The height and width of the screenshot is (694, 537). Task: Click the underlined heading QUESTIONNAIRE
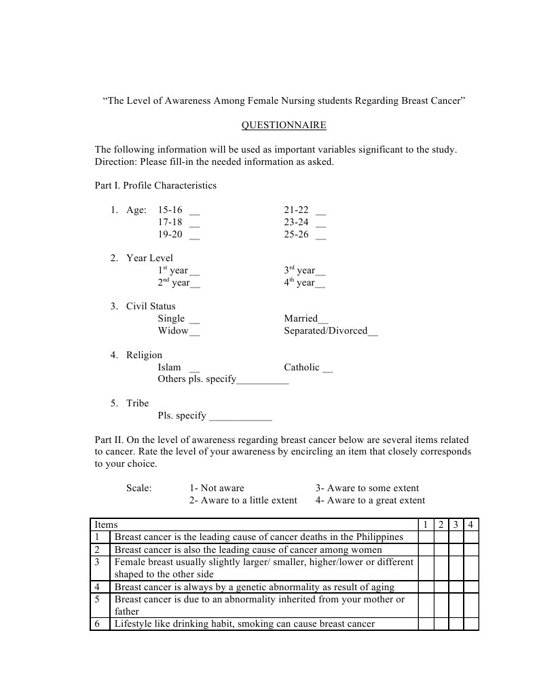click(x=284, y=126)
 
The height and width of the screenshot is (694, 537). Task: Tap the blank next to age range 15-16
click(x=195, y=210)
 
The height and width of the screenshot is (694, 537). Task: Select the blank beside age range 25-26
click(x=320, y=235)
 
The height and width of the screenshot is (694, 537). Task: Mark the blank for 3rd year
click(x=320, y=271)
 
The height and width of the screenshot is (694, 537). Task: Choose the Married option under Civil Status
click(x=305, y=319)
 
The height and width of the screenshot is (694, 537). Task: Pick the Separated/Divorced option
click(x=330, y=331)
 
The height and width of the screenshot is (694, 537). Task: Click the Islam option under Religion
click(x=170, y=367)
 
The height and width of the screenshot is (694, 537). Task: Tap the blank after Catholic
click(x=328, y=368)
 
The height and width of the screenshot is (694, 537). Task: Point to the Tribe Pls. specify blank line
click(x=241, y=416)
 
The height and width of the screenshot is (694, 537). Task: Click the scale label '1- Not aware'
click(x=217, y=488)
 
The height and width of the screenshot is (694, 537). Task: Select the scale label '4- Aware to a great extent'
click(x=370, y=501)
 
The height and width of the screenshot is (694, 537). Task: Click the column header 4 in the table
click(x=470, y=524)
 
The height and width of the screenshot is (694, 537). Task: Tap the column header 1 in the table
click(x=425, y=524)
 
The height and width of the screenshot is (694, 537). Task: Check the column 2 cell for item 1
click(x=440, y=537)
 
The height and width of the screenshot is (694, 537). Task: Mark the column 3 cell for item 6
click(x=456, y=624)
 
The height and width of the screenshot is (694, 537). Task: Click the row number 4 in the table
click(x=98, y=587)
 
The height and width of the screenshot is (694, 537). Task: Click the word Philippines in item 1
click(x=379, y=537)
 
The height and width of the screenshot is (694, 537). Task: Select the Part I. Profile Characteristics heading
click(x=155, y=185)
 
